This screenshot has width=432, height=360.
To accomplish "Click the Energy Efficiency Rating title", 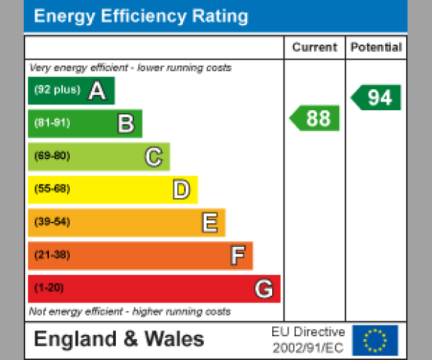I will pos(141,17).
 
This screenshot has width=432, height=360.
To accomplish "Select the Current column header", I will pos(315,48).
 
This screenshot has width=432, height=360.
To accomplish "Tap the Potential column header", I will pos(376,48).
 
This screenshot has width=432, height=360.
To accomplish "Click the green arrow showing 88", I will pos(315,118).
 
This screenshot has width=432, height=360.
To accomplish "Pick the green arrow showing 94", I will pos(377,97).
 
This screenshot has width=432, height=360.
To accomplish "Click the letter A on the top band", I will pos(97,91).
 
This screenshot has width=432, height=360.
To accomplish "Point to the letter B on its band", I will pos(125,124).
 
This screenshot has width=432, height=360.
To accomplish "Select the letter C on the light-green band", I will pos(153,157).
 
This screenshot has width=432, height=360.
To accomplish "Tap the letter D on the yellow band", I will pos(181,190).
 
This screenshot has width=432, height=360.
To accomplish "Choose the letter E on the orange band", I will pos(209,223).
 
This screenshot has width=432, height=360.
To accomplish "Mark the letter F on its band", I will pos(237,256).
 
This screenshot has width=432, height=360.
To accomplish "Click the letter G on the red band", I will pos(264,289).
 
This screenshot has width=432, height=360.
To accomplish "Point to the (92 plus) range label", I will pos(57,91).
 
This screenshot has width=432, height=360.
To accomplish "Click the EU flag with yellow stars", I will pos(375,340).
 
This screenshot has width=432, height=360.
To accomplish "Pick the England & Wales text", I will pos(119,339).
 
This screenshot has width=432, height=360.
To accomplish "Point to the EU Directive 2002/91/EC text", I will pos(308,340).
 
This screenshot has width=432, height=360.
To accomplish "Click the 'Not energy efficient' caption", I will pos(130,312).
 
